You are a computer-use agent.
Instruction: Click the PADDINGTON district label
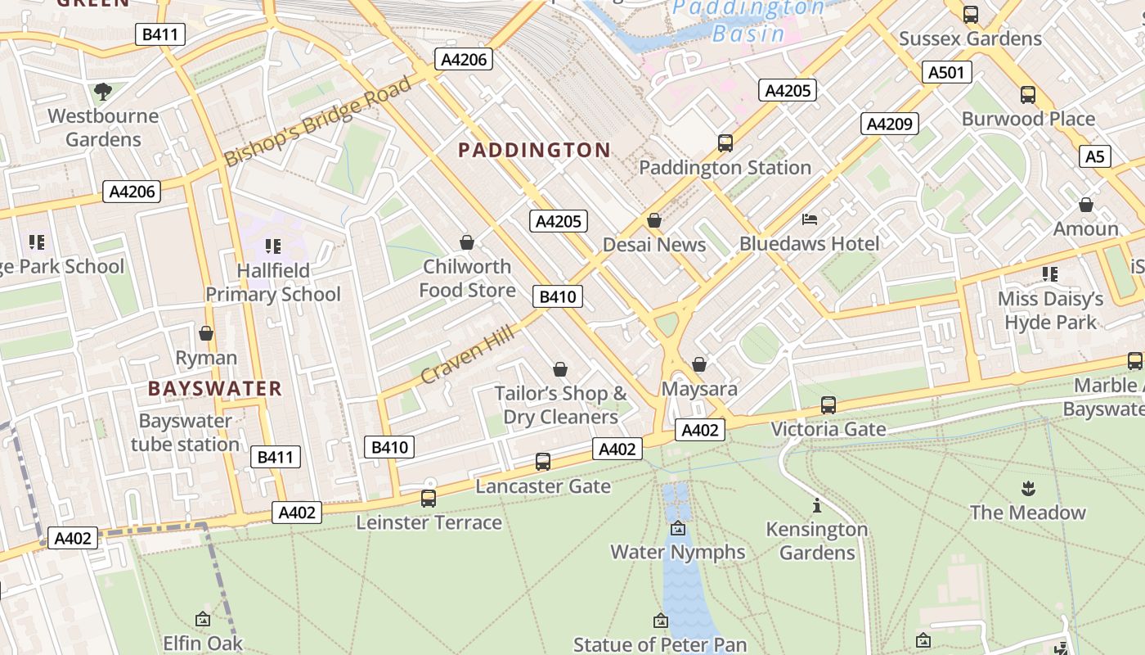[534, 150]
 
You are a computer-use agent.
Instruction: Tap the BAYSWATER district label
[215, 388]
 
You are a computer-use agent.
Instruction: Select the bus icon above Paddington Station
[725, 143]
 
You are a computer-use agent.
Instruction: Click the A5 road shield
[1094, 156]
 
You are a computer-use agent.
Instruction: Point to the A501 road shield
[946, 72]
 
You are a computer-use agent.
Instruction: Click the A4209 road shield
[889, 124]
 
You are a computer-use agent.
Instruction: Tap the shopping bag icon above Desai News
[653, 220]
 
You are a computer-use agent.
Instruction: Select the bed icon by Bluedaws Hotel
[810, 219]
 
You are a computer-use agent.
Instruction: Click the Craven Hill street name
[468, 355]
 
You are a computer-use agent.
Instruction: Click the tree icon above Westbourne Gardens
[102, 91]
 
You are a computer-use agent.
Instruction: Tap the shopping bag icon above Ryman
[206, 333]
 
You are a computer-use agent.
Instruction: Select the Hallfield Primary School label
[273, 282]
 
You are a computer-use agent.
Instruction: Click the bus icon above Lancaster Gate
[543, 462]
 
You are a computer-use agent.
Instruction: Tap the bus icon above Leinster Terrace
[429, 498]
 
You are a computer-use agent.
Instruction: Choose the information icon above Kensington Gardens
[816, 505]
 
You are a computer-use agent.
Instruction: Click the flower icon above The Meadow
[1028, 489]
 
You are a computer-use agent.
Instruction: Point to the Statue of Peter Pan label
[660, 644]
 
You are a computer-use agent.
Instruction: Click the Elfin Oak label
[203, 643]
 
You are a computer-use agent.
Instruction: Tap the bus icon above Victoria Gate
[828, 404]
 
